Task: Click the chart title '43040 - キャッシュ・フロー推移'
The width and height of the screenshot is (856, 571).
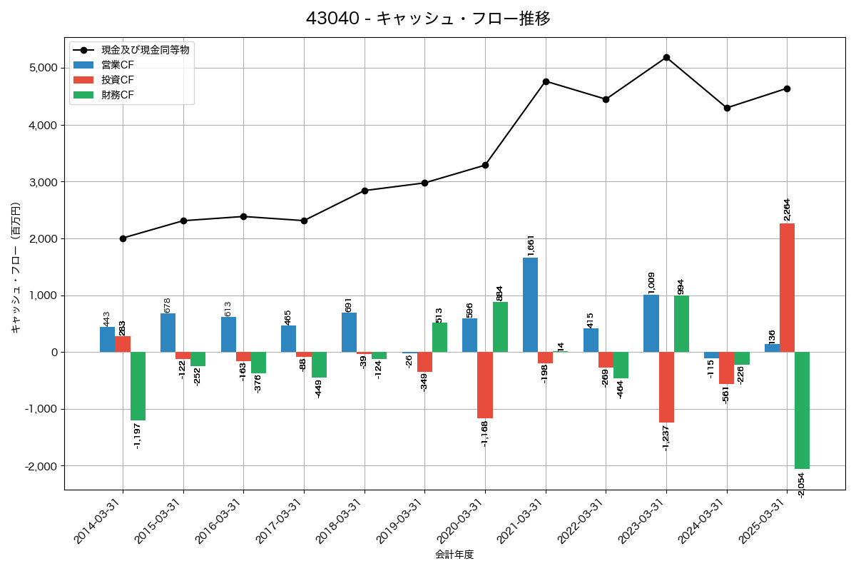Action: click(428, 18)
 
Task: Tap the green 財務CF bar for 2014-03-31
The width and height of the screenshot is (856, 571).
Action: click(138, 386)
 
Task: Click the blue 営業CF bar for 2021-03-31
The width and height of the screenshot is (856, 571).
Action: click(530, 305)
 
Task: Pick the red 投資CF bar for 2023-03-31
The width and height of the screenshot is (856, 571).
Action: click(666, 387)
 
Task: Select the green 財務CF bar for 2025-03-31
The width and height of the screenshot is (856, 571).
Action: click(802, 410)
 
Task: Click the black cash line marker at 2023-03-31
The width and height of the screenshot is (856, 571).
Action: click(666, 57)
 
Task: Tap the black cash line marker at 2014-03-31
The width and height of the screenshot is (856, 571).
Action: click(123, 238)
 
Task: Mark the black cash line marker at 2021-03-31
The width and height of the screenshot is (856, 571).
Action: click(546, 81)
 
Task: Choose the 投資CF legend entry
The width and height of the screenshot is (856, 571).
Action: click(118, 79)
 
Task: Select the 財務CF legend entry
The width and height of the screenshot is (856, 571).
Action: click(118, 94)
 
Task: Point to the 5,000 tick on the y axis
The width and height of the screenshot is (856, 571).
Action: click(43, 68)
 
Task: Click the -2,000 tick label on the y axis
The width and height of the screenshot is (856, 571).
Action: click(41, 466)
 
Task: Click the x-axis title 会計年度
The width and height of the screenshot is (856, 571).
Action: click(454, 555)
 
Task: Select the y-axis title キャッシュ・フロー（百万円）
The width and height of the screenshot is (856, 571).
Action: click(16, 268)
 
